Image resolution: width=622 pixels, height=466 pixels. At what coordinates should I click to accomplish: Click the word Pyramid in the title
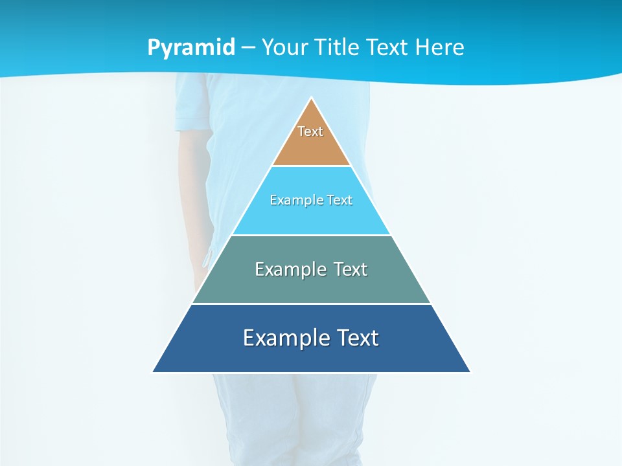click(191, 48)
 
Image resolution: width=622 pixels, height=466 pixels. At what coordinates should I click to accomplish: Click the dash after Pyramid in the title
click(248, 48)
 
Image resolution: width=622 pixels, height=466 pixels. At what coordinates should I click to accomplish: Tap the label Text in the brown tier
click(310, 131)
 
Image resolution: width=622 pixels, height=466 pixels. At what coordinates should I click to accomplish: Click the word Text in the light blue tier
click(340, 200)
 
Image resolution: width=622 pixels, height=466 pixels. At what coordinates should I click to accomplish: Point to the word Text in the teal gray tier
click(350, 269)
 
